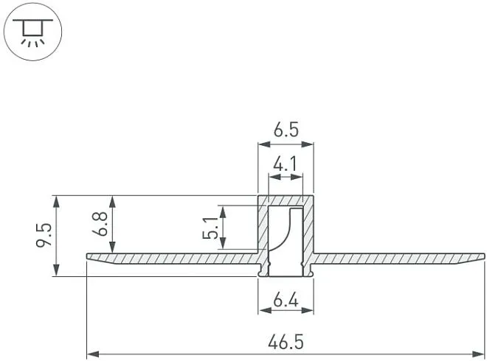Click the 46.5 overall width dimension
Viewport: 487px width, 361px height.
[286, 342]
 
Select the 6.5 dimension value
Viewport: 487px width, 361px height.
[286, 130]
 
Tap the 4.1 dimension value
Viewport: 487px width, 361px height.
[286, 164]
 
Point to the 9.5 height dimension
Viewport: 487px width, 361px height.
[44, 235]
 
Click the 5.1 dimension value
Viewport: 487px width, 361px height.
[210, 228]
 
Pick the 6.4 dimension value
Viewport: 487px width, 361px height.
[286, 301]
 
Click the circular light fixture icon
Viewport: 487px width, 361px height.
[32, 32]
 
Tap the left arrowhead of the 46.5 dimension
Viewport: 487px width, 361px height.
[93, 354]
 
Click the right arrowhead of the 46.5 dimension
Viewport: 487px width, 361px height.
[478, 354]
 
